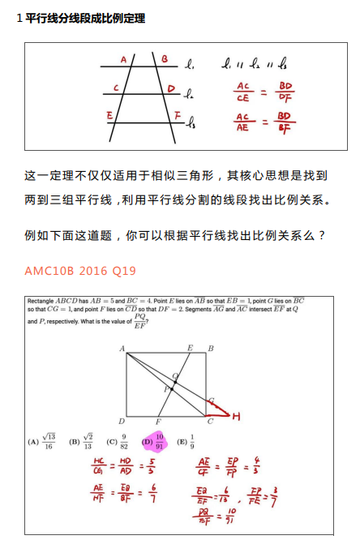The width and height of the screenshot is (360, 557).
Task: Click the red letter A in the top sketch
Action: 123,59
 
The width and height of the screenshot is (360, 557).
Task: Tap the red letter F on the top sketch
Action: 177,118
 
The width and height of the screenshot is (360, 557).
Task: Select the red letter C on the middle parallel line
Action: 117,88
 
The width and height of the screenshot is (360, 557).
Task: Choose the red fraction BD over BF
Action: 285,121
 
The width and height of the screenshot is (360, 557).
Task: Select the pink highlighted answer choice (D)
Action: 153,441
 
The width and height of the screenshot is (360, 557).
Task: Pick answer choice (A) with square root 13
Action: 42,441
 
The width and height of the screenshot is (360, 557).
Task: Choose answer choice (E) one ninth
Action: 185,441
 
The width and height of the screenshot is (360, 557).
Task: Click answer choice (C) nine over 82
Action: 117,441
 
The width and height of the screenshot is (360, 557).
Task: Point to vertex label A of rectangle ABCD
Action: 122,349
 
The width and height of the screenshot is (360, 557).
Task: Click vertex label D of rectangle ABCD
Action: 122,421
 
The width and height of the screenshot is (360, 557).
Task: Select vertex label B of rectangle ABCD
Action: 211,349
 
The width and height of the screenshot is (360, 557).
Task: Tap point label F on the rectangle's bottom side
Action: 159,422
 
